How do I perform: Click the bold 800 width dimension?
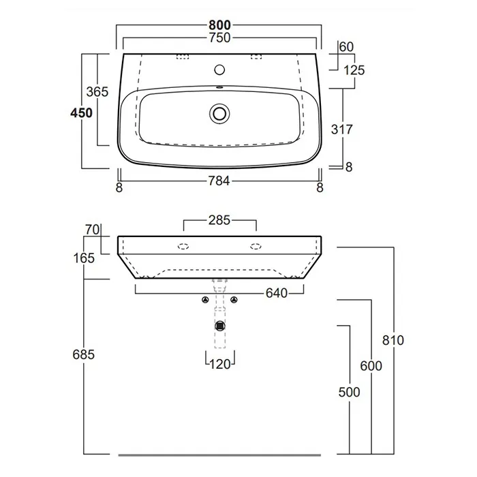(x=219, y=25)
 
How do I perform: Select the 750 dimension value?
(x=219, y=38)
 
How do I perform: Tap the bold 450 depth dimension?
(x=81, y=113)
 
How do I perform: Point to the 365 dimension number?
(x=97, y=91)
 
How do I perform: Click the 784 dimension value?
(x=219, y=181)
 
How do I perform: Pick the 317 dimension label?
(x=342, y=129)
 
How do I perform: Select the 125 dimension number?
(x=354, y=71)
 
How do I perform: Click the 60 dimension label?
(x=346, y=47)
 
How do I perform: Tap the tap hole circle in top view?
(x=219, y=70)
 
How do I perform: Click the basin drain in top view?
(x=219, y=114)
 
